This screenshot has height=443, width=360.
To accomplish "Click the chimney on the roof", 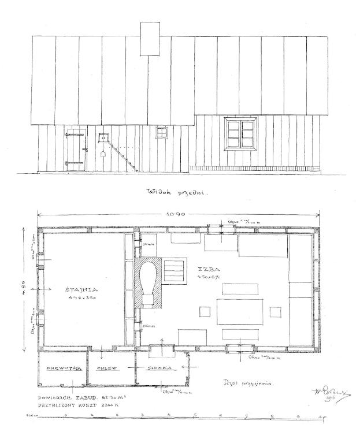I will [150, 39].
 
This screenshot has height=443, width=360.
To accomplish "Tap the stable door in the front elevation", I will [75, 148].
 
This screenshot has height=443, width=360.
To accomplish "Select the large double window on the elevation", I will [241, 133].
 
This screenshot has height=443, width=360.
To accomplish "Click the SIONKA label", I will [157, 368].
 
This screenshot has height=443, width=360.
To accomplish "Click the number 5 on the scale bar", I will [194, 415].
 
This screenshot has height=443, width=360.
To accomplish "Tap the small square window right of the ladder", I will [162, 132].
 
